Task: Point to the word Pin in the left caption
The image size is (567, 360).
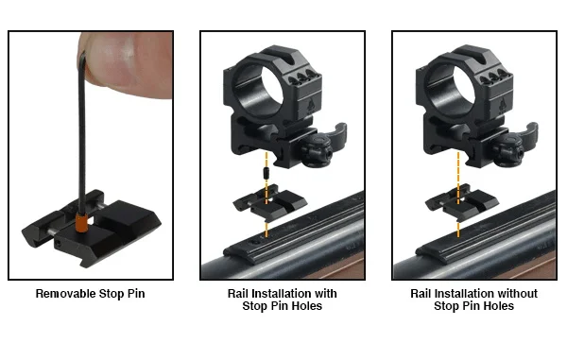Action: pyautogui.click(x=136, y=294)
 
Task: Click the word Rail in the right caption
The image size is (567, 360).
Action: pyautogui.click(x=421, y=294)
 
